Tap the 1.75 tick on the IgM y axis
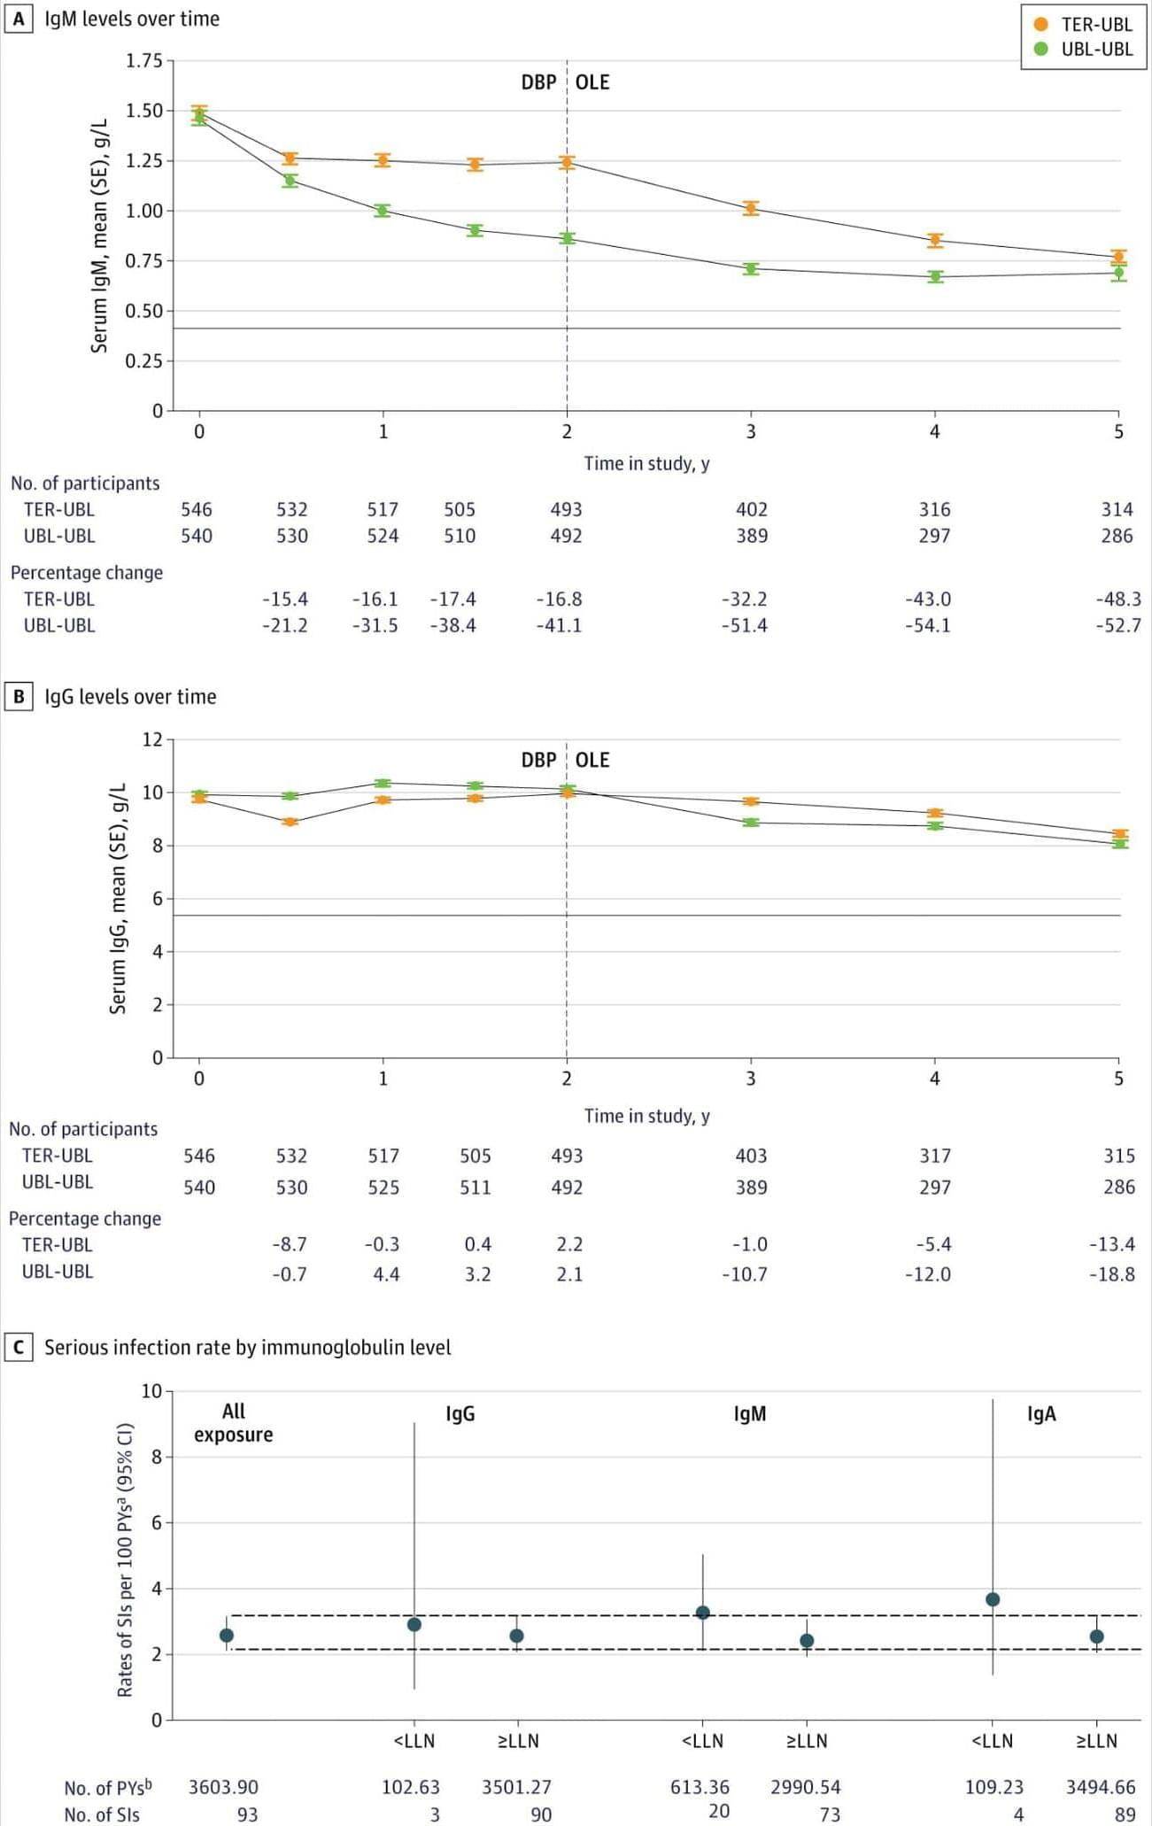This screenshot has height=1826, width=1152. point(145,61)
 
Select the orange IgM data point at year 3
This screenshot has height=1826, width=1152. point(751,208)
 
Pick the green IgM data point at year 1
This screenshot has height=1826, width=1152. point(383,211)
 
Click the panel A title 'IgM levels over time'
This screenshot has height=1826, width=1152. point(132,19)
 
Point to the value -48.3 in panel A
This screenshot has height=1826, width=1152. point(1118,599)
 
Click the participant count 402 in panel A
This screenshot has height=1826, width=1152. point(752,509)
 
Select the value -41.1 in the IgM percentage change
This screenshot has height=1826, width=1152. point(559,625)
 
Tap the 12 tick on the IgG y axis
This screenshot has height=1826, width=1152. point(152,739)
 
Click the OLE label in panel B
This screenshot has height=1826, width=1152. point(592,760)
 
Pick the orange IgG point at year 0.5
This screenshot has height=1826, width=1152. point(290,822)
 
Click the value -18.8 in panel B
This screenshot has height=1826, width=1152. point(1111,1274)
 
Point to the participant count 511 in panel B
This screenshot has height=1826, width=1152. point(475,1187)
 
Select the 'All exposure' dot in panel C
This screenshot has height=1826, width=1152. point(227,1636)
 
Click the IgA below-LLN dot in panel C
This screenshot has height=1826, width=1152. point(993,1599)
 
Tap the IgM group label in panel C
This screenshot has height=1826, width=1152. point(750,1413)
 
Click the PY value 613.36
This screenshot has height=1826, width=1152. point(700,1787)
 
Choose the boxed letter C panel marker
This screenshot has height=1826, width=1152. point(18,1347)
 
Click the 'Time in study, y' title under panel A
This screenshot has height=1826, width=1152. point(646,463)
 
